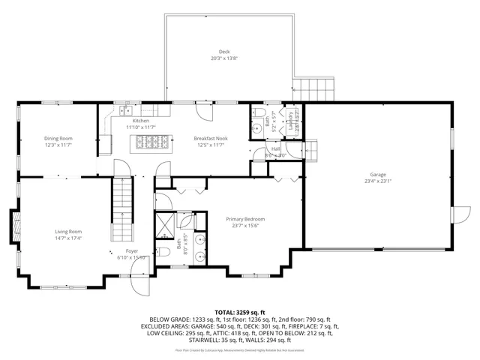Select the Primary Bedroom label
[245, 219]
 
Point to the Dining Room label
[58, 138]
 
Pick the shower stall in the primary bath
[164, 223]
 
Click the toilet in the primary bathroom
[162, 252]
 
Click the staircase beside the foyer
[121, 206]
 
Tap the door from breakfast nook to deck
[202, 112]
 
